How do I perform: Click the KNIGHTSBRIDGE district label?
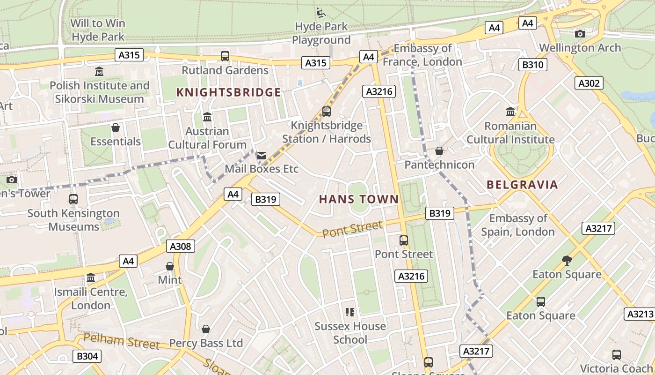(228, 92)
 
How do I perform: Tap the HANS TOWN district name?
(359, 199)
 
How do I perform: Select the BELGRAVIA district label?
(522, 185)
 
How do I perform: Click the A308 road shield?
(180, 246)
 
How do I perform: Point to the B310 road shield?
(532, 65)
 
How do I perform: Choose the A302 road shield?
(589, 83)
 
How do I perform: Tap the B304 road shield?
(87, 356)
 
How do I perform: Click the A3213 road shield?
(640, 314)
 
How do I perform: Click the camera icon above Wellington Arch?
(580, 34)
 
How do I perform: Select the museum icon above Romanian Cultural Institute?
(510, 112)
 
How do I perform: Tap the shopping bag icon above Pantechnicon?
(439, 151)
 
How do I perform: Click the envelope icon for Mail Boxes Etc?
(261, 155)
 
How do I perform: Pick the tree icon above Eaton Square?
(567, 260)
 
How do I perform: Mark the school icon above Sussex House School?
(350, 312)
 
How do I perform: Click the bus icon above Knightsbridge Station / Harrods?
(327, 112)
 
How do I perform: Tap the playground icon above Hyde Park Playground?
(321, 13)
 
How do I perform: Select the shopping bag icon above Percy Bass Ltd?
(205, 329)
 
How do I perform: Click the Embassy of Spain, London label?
(518, 225)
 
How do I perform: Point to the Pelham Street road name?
(122, 341)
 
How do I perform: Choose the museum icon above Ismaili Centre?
(91, 278)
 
